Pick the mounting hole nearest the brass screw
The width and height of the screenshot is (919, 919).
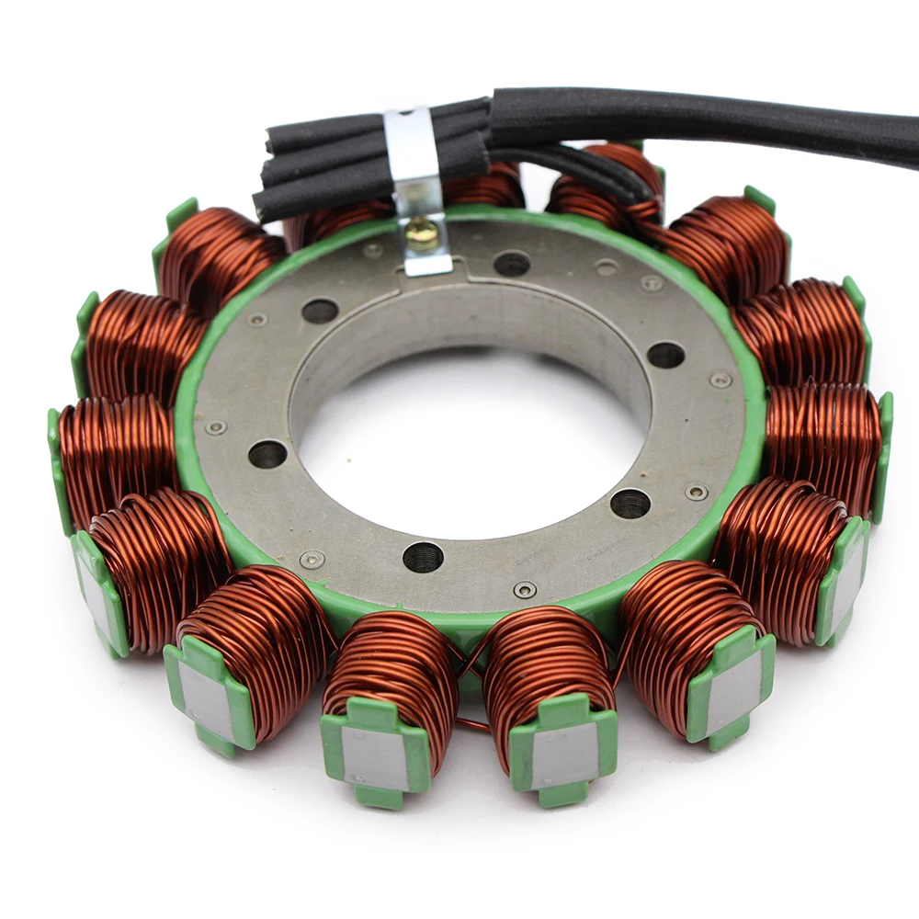coord(511,263)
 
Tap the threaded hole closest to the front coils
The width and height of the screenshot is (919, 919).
coord(423,556)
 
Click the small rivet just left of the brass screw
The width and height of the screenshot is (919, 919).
coord(372,250)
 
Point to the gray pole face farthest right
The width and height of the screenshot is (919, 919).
coord(847,579)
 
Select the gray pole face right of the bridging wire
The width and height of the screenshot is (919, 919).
coord(562,754)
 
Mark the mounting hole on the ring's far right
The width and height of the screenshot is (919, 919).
coord(665,355)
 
